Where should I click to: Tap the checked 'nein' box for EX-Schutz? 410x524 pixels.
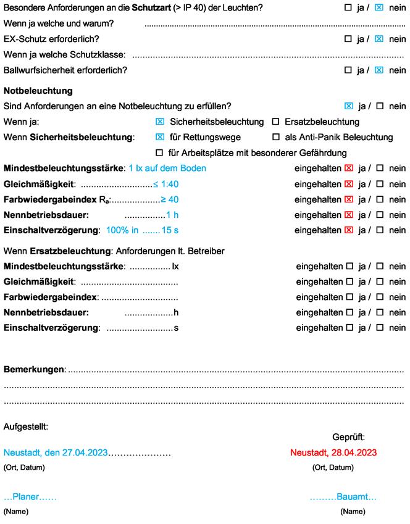tap(379, 39)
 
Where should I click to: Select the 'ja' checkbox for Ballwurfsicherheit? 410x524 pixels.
tap(348, 70)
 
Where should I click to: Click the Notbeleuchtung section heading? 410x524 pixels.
tap(38, 91)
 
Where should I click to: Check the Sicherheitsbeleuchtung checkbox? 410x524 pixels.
tap(160, 122)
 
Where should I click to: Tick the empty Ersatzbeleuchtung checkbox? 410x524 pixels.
tap(276, 122)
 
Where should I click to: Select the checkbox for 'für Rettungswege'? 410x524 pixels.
tap(160, 137)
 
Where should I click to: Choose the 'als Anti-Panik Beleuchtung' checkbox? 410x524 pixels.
tap(276, 137)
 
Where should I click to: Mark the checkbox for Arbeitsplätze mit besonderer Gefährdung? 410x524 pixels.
tap(160, 152)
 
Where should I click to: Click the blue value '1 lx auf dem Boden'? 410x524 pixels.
tap(167, 168)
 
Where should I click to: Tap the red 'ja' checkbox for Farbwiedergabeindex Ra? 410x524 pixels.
tap(349, 199)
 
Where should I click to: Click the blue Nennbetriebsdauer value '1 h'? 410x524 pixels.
tap(172, 215)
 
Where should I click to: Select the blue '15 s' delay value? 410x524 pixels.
tap(170, 230)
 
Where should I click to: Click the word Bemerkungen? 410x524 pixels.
tap(35, 369)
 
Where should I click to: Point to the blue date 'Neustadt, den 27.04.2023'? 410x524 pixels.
tap(56, 452)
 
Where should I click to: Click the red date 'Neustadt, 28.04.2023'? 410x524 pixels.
tap(333, 452)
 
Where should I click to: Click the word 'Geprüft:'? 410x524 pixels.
tap(348, 436)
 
